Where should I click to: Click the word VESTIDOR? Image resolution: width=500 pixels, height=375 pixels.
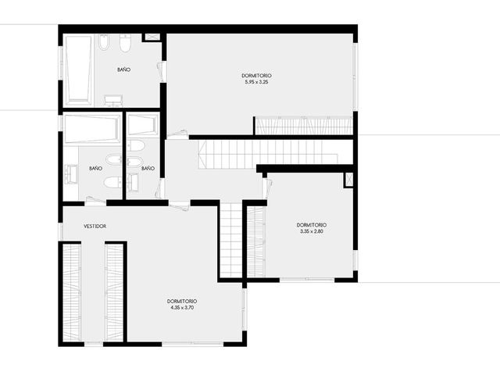click(x=95, y=226)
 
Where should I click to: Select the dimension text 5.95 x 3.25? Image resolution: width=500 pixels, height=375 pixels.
click(x=256, y=82)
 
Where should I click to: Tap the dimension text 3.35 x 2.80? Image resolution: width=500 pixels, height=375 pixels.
click(x=312, y=231)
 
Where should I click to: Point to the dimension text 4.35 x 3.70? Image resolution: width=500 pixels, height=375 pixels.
click(x=182, y=308)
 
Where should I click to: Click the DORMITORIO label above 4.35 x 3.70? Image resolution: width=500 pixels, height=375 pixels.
click(x=182, y=302)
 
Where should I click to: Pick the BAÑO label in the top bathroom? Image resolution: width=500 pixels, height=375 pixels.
click(x=123, y=70)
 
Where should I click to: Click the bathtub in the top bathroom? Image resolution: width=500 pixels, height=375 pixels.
click(x=78, y=70)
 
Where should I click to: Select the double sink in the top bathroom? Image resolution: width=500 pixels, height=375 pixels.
click(x=113, y=101)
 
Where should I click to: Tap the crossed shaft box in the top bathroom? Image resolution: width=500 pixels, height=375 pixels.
click(x=152, y=37)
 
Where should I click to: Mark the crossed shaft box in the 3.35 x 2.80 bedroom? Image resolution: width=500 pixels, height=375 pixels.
click(x=348, y=180)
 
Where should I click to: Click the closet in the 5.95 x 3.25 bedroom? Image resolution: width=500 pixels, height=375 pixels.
click(x=304, y=126)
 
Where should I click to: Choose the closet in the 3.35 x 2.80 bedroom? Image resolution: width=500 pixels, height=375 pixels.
click(x=256, y=241)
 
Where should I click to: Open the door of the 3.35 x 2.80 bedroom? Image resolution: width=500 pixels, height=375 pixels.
click(x=267, y=188)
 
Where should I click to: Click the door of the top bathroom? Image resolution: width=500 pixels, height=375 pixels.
click(x=161, y=72)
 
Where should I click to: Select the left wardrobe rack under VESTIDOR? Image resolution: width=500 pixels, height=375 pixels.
click(x=71, y=292)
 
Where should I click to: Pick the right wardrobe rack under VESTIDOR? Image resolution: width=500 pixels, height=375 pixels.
click(x=115, y=292)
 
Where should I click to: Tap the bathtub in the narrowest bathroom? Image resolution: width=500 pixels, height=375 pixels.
click(x=142, y=125)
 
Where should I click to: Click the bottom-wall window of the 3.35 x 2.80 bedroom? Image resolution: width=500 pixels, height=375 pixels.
click(x=307, y=280)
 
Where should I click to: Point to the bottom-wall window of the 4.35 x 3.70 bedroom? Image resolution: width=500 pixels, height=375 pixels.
click(x=193, y=344)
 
